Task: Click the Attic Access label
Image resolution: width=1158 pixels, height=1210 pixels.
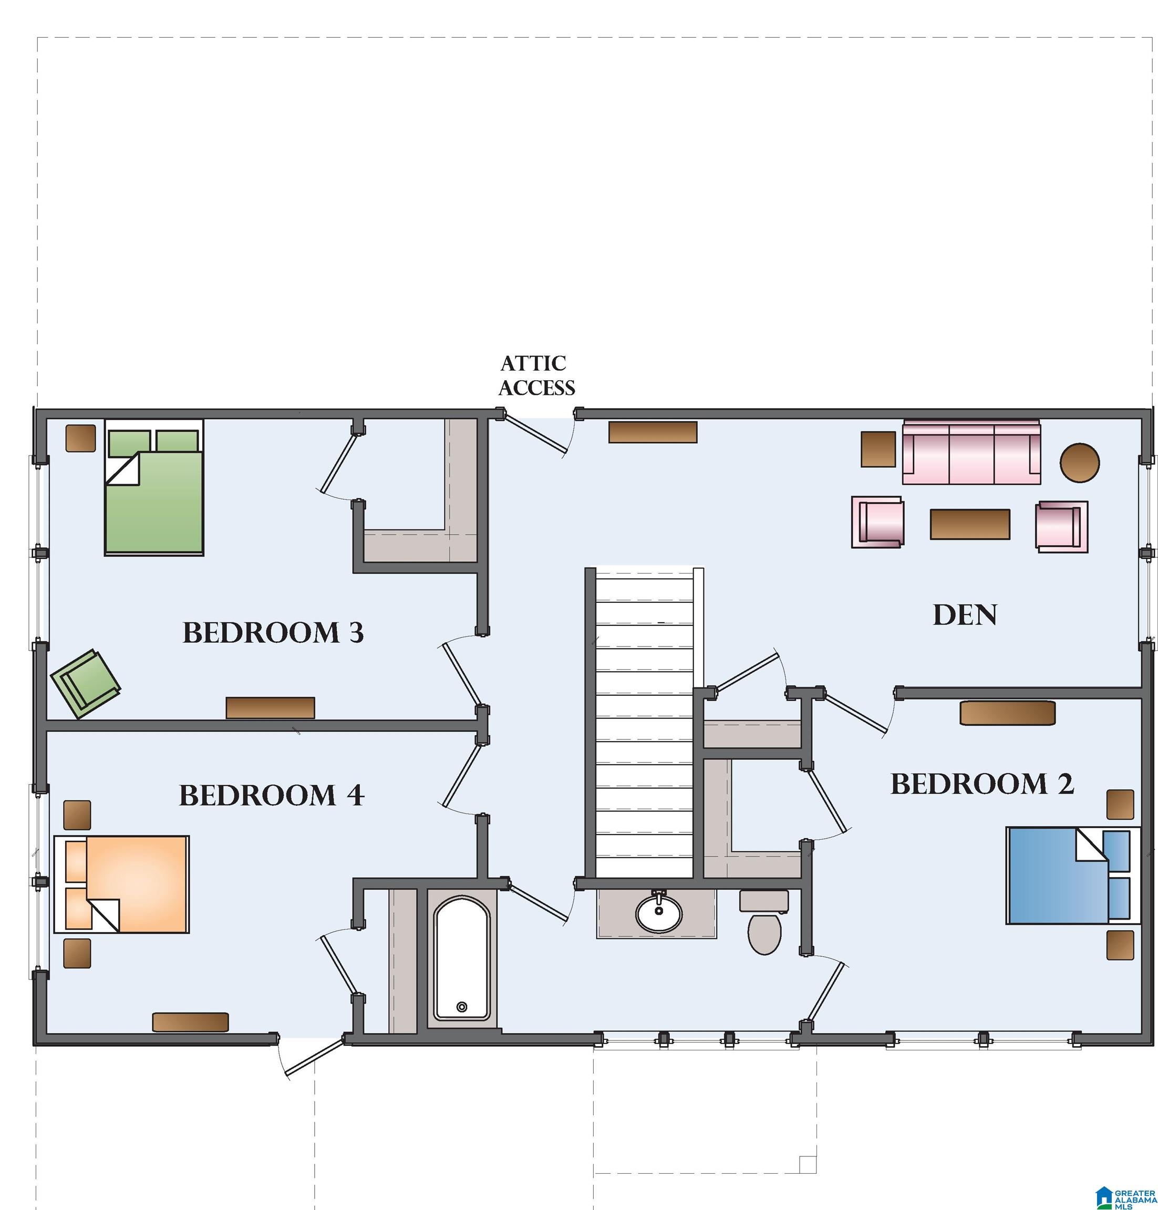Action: tap(536, 375)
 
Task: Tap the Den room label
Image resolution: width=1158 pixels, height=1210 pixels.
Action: tap(965, 615)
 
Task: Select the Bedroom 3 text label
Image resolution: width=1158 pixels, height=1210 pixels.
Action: tap(273, 633)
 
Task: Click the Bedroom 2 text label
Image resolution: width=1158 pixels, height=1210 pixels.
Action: tap(982, 784)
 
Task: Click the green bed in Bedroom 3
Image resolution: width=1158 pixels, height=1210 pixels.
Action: tap(154, 487)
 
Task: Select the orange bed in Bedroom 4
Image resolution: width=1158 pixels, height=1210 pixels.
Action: tap(121, 883)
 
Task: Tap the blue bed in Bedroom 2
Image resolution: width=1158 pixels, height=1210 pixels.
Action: tap(1073, 875)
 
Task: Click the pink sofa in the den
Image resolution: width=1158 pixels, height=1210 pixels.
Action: tap(971, 452)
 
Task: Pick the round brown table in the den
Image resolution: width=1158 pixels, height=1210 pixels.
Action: tap(1080, 462)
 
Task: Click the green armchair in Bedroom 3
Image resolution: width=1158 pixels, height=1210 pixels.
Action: tap(86, 684)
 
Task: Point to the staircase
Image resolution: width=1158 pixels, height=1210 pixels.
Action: tap(645, 722)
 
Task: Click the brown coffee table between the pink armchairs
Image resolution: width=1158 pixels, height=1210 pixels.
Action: tap(970, 524)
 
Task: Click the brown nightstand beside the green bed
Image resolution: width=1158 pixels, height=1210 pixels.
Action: tap(81, 438)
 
